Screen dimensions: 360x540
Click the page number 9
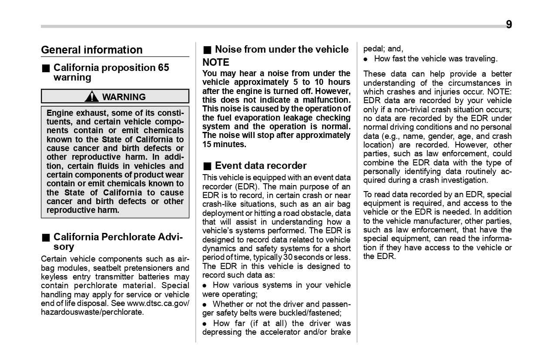click(x=509, y=25)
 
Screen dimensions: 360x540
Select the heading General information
click(x=92, y=50)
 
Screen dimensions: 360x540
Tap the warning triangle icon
click(x=91, y=97)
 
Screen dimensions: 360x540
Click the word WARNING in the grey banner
click(x=124, y=97)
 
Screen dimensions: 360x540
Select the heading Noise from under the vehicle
click(x=282, y=49)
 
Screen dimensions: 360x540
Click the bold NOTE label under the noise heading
click(x=216, y=62)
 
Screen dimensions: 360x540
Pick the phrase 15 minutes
click(x=224, y=144)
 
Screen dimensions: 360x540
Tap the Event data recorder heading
click(x=261, y=165)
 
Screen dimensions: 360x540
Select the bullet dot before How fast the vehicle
click(x=366, y=59)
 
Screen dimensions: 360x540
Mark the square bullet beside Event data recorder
click(x=207, y=166)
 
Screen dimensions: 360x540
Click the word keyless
click(x=54, y=277)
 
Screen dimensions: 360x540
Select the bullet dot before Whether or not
click(x=205, y=304)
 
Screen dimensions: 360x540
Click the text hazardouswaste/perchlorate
click(x=92, y=312)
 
